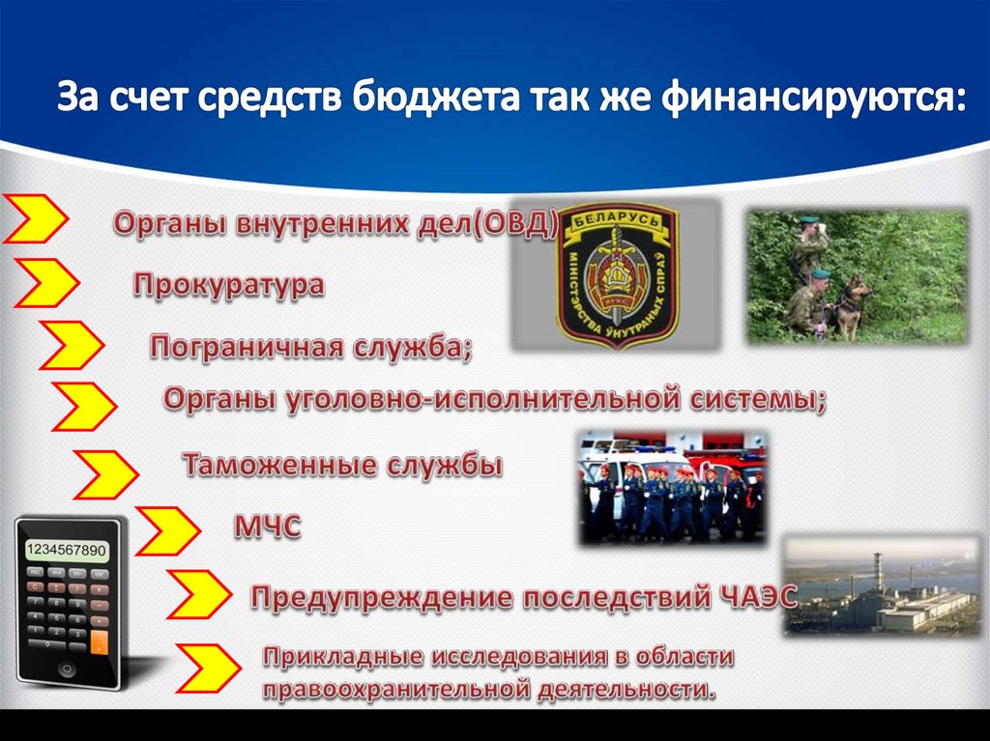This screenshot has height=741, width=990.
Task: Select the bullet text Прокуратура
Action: [x=228, y=285]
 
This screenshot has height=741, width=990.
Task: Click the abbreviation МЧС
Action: [x=267, y=527]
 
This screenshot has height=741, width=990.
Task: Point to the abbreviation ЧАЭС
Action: [x=758, y=596]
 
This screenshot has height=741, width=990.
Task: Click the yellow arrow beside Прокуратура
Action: [x=46, y=283]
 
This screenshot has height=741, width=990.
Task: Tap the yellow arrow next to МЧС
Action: [x=168, y=530]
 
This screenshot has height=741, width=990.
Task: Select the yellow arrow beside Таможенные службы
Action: [x=106, y=474]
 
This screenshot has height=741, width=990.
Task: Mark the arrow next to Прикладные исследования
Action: [x=209, y=668]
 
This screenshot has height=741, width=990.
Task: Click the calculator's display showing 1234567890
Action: [x=67, y=550]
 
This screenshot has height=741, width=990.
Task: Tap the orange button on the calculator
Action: [x=100, y=641]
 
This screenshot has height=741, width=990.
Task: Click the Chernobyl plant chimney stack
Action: [x=877, y=575]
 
